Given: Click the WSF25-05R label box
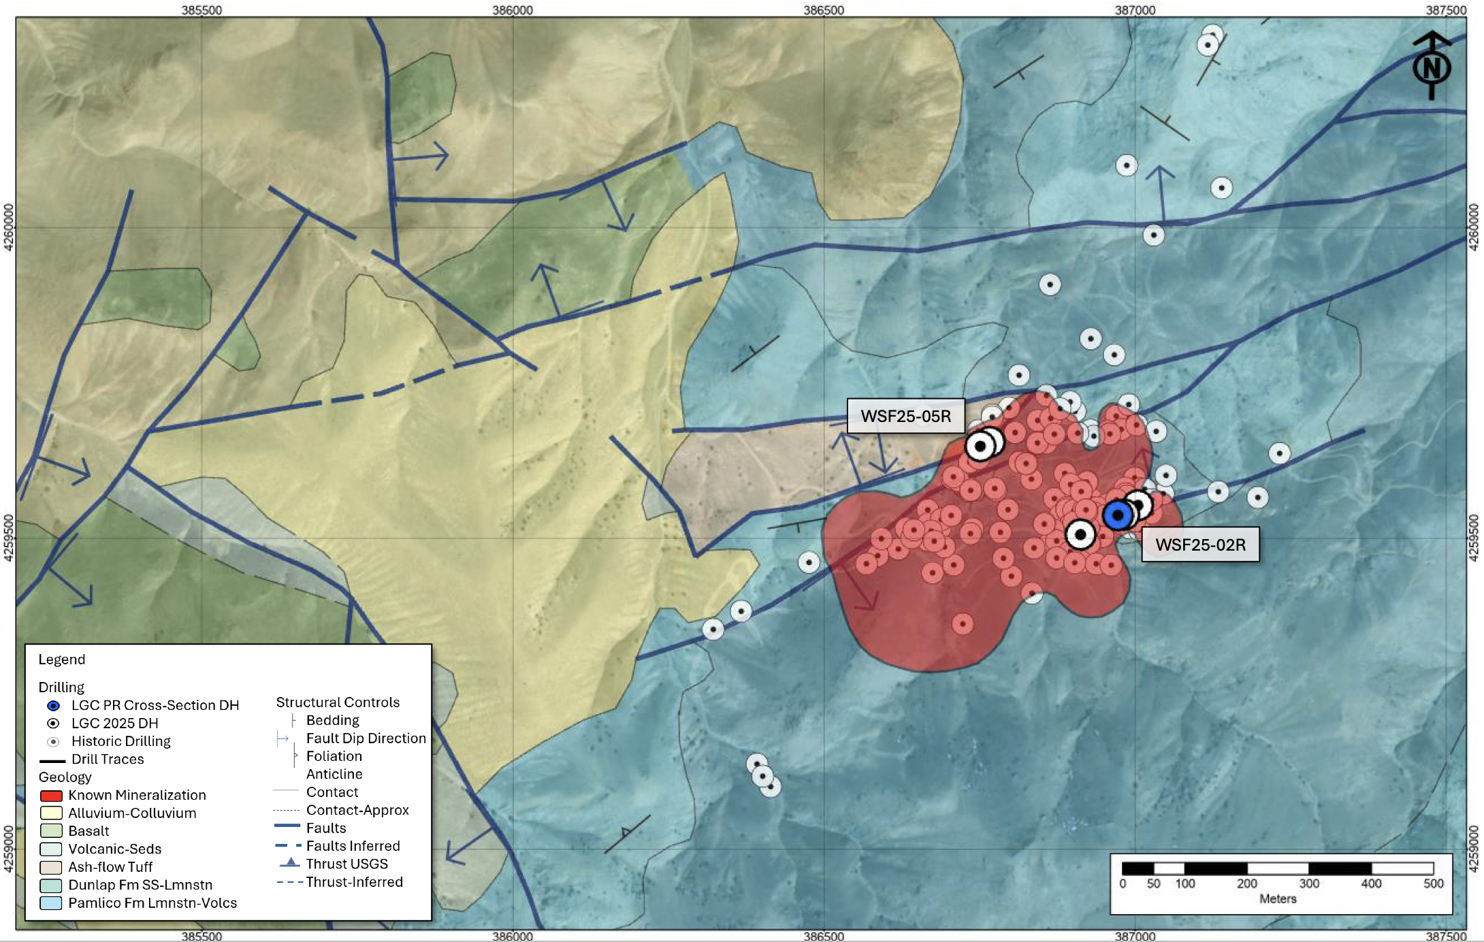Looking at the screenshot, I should click(905, 416).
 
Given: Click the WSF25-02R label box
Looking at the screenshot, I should click(1200, 545).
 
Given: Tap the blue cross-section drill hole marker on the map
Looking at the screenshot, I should click(1118, 515).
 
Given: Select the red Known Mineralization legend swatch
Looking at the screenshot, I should click(51, 796).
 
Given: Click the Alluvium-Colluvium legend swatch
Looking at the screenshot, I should click(51, 813).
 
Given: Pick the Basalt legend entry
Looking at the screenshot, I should click(88, 831).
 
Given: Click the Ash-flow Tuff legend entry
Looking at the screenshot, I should click(110, 867).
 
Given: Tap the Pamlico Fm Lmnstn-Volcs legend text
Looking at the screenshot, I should click(152, 903).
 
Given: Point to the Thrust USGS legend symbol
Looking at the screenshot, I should click(290, 863).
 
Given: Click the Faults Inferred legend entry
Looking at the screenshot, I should click(353, 846).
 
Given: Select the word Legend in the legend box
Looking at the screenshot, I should click(62, 660).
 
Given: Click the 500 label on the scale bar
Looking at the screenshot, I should click(1433, 883).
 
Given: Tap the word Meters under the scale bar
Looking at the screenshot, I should click(1278, 899).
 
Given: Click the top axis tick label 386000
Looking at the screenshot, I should click(513, 10).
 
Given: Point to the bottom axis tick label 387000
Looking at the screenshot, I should click(1135, 936).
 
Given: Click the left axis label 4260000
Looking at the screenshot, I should click(8, 227).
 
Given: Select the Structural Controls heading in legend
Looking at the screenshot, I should click(338, 702).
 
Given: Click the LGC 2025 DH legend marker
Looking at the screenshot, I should click(53, 724).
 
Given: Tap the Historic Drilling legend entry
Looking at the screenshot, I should click(120, 741).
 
